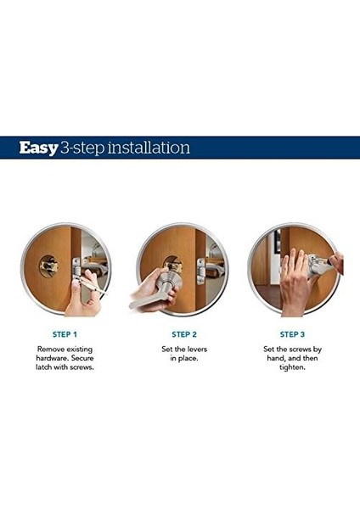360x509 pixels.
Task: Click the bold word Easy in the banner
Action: click(x=38, y=148)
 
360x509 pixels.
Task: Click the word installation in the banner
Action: click(x=149, y=148)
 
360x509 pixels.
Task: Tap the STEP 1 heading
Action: click(x=65, y=334)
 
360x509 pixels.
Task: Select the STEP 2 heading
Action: click(x=184, y=334)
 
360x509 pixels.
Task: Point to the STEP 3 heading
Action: click(x=292, y=334)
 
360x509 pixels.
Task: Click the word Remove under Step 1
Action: click(x=51, y=350)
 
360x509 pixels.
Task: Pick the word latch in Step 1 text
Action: click(x=43, y=367)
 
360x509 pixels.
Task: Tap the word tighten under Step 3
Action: click(x=292, y=368)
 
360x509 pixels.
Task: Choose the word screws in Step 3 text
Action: click(x=300, y=350)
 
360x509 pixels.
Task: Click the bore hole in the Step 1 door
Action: click(x=49, y=266)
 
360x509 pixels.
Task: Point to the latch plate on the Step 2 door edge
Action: click(x=201, y=271)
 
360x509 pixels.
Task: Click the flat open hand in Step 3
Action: click(x=295, y=282)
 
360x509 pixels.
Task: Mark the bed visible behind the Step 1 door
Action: click(x=97, y=268)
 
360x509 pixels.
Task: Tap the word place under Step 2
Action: click(x=188, y=359)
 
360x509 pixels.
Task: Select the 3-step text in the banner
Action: click(x=82, y=148)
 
